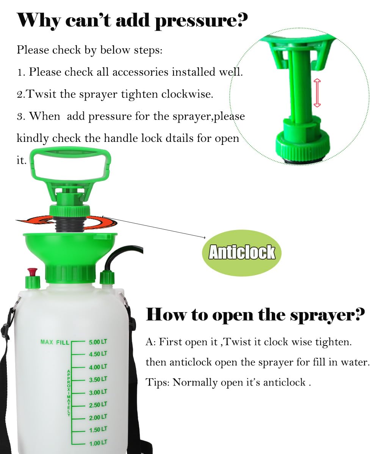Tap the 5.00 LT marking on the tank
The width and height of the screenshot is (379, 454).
coord(98,342)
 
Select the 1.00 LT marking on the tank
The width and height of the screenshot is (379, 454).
coord(98,443)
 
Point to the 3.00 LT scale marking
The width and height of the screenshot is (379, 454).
coord(98,392)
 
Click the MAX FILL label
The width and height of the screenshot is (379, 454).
coord(55,342)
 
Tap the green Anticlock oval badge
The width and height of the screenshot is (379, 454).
coord(242,253)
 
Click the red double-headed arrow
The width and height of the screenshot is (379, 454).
coord(317,93)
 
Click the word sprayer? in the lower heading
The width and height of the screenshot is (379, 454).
coord(327,316)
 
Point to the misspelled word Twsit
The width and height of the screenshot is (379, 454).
coord(41,94)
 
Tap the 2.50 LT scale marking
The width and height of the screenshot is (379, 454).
coord(98,404)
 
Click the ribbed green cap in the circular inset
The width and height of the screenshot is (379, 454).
coord(303,146)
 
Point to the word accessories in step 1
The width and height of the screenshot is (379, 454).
coord(140,72)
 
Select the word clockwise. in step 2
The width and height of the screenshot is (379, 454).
coord(187,94)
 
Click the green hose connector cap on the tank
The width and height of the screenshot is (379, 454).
coord(107,280)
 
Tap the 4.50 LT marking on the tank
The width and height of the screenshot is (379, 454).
coord(98,354)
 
